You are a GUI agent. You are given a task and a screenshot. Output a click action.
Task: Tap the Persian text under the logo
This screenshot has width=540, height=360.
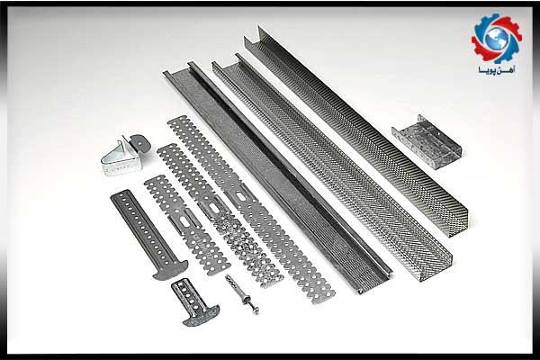[497, 70]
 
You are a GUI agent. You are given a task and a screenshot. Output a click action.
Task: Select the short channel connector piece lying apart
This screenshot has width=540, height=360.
[427, 141]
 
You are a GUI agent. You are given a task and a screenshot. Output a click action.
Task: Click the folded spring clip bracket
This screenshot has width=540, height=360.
[125, 156]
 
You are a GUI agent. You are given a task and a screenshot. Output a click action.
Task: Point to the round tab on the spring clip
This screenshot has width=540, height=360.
[141, 142]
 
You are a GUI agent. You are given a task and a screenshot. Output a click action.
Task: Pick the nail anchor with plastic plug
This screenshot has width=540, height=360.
[242, 294]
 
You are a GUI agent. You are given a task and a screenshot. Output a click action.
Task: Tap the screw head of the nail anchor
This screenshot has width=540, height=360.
[256, 310]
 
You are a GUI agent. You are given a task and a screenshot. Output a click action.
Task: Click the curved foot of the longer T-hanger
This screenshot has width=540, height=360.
[170, 270]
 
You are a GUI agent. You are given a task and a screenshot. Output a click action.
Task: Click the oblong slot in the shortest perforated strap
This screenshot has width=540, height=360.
[184, 222]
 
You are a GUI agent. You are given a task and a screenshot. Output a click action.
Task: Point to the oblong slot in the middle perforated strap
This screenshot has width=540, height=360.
[212, 207]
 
